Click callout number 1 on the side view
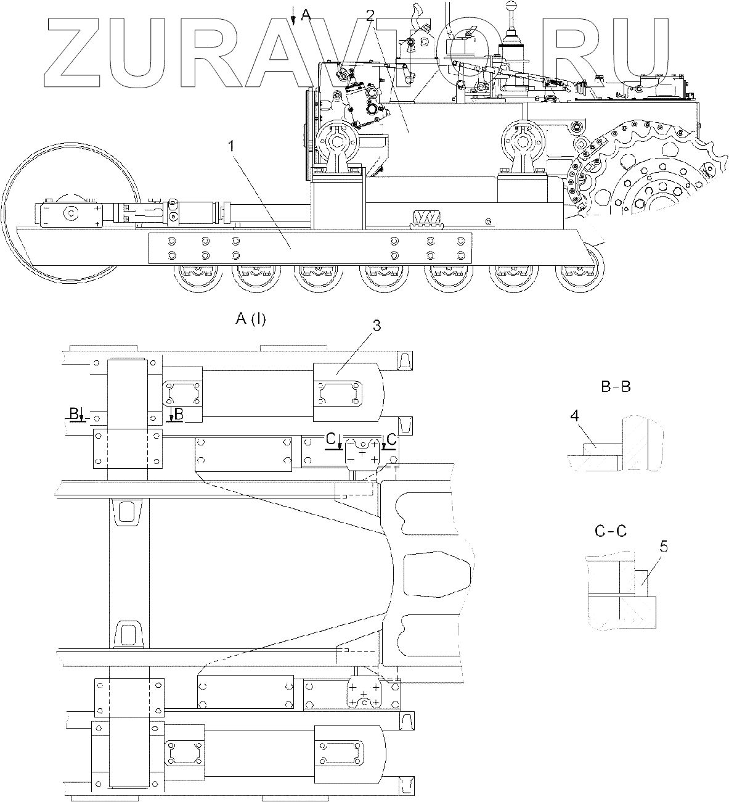[x=231, y=146]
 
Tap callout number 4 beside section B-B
[x=574, y=416]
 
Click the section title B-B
[x=616, y=387]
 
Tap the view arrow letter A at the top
[x=306, y=16]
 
